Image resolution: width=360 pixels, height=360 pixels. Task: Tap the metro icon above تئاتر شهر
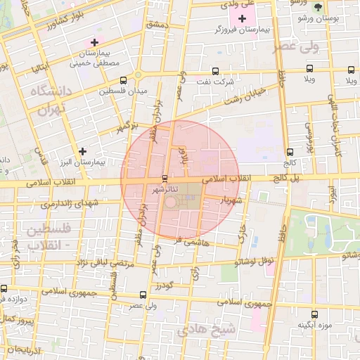165,178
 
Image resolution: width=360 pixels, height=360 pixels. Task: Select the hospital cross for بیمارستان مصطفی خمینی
94,43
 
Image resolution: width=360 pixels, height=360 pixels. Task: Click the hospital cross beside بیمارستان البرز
83,151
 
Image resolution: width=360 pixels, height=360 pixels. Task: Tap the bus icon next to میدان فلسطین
123,80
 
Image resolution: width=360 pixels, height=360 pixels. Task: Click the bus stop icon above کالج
290,152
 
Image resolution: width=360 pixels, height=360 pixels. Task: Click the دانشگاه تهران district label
51,100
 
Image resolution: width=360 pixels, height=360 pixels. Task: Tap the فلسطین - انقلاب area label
47,237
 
